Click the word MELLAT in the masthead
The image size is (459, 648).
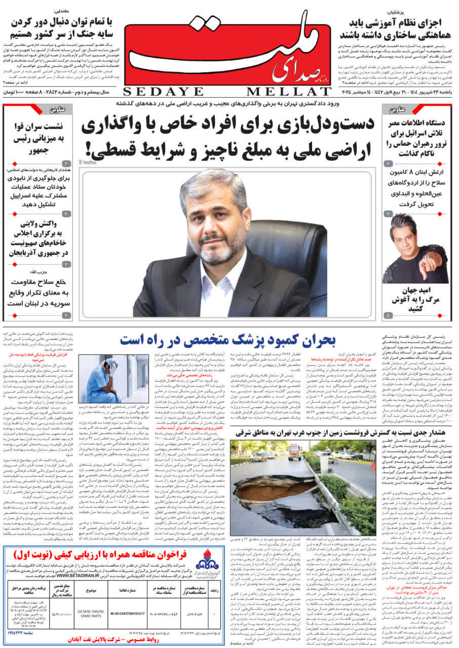(x=289, y=92)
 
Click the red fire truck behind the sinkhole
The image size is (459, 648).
(x=294, y=452)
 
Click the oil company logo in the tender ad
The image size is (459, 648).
(x=208, y=560)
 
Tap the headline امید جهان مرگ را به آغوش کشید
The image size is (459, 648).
(x=414, y=298)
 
